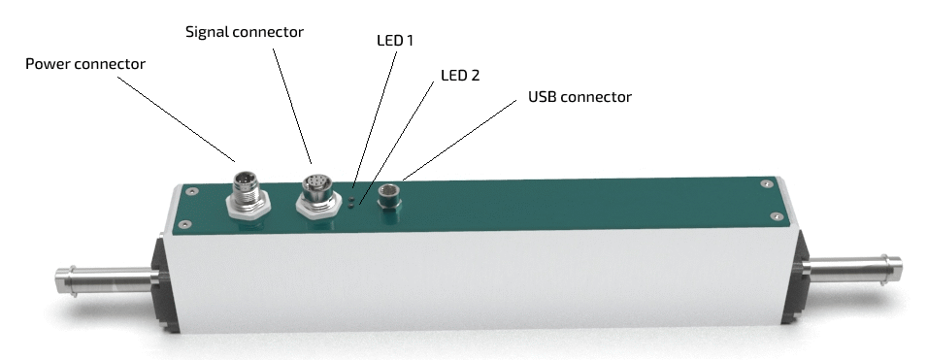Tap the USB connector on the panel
pos(389,197)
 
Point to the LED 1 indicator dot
pos(351,199)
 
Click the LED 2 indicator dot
pos(351,205)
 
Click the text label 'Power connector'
pos(85,64)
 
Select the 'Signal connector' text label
pos(245,32)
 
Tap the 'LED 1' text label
pos(395,40)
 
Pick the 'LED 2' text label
pos(460,75)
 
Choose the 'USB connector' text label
pos(579,96)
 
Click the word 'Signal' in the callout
pos(208,33)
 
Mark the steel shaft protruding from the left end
pos(107,281)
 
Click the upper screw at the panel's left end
pos(189,191)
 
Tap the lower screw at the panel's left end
pos(184,224)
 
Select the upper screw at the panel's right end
pos(767,183)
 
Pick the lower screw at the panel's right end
pos(777,217)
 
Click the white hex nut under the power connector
pos(248,206)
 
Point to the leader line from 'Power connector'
pos(176,118)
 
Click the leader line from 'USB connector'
pos(459,140)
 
